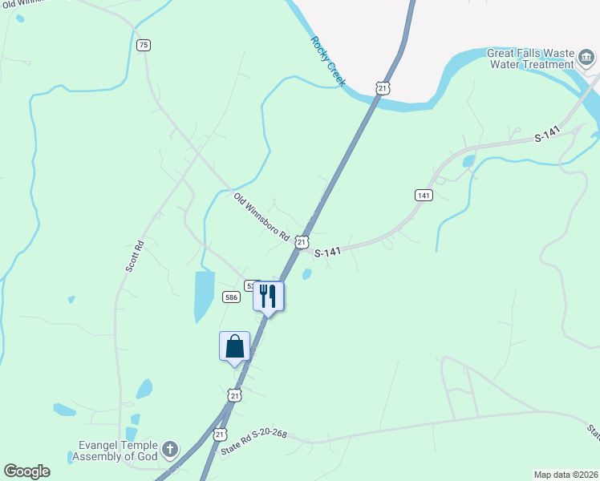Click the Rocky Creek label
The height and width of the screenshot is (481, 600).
click(327, 60)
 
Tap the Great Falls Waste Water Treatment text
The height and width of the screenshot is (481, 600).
click(531, 59)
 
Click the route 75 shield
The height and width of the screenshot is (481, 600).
click(144, 45)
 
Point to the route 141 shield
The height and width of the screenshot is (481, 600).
click(424, 195)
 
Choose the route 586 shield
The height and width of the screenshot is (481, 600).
click(231, 297)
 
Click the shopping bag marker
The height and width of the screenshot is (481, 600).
click(234, 346)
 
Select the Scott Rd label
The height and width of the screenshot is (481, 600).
click(134, 257)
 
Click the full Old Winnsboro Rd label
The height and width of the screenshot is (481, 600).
click(261, 217)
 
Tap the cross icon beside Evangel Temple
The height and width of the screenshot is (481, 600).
click(170, 449)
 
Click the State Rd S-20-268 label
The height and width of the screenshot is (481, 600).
click(253, 438)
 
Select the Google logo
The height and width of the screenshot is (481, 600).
click(26, 471)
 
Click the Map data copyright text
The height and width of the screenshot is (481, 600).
click(566, 473)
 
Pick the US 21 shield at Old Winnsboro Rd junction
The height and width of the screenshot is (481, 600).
click(301, 241)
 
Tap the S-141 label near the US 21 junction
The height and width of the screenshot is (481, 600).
click(328, 252)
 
